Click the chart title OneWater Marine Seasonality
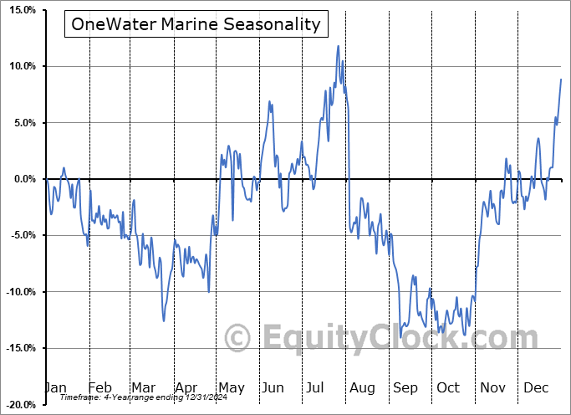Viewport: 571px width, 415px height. (196, 24)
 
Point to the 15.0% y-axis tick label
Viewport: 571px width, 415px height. (18, 10)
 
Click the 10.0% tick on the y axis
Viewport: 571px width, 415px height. (18, 66)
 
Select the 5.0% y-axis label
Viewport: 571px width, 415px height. (21, 123)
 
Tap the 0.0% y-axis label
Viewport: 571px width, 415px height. (21, 179)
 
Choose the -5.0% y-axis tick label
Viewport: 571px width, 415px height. (19, 236)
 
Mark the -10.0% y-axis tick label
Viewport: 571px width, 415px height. (18, 292)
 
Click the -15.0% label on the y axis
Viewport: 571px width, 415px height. (18, 348)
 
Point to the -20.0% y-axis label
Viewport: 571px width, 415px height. (18, 405)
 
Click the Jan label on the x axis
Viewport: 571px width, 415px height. (55, 387)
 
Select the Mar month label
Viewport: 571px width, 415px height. (143, 387)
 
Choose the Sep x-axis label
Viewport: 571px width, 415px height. (405, 387)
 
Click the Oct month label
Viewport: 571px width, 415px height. (447, 387)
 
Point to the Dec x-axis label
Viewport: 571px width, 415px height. (535, 387)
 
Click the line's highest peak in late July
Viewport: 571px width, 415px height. (339, 46)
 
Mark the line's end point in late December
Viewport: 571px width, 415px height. (561, 79)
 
